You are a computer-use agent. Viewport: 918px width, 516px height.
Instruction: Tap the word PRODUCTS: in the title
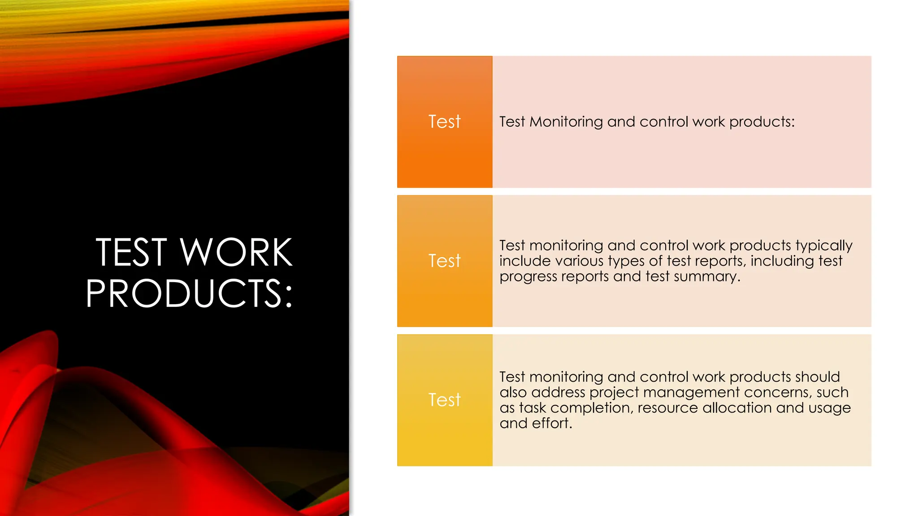coord(189,294)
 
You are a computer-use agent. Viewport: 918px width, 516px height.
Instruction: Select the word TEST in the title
coord(131,253)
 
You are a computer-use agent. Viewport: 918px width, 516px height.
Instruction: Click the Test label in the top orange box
coord(444,122)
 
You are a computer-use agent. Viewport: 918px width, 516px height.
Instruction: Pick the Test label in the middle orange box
coord(444,261)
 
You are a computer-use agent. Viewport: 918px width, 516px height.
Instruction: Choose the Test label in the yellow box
coord(444,400)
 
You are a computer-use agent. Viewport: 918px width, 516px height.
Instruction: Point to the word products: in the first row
coord(762,122)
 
